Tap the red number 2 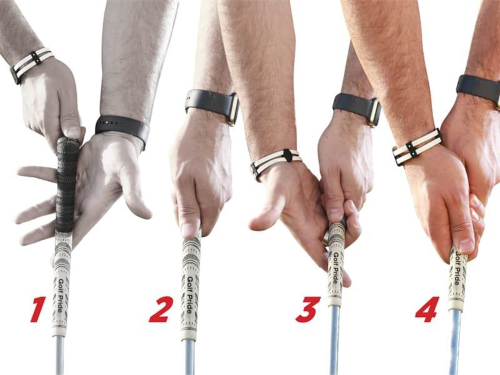[x=160, y=309]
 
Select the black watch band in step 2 [x=212, y=104]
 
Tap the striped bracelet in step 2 [x=276, y=163]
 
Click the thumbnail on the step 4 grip [x=466, y=245]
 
